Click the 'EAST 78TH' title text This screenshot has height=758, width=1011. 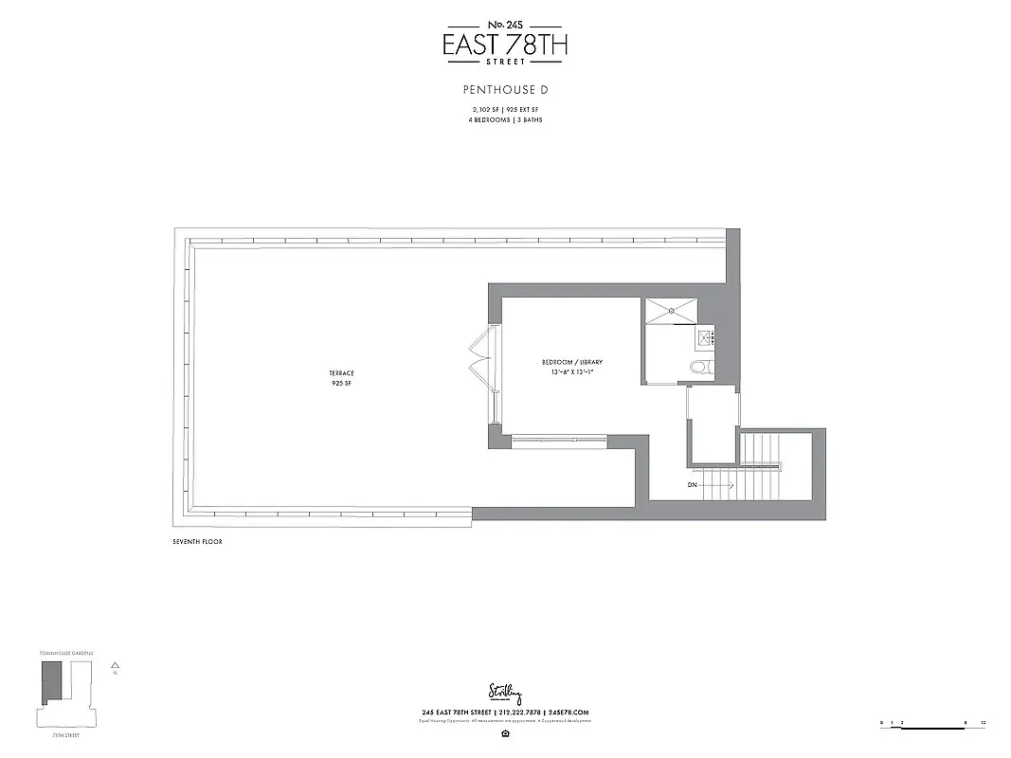click(505, 44)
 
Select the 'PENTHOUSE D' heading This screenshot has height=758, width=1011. click(505, 91)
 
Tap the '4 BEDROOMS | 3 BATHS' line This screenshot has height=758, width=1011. click(505, 120)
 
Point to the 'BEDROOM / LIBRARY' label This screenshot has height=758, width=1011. click(571, 363)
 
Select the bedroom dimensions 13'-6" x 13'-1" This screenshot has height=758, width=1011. click(571, 372)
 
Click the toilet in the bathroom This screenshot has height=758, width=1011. click(700, 368)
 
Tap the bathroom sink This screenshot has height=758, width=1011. click(705, 337)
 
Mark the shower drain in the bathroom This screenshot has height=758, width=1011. click(674, 309)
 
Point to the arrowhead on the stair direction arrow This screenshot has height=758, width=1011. click(731, 486)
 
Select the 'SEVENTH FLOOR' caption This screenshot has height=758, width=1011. click(197, 542)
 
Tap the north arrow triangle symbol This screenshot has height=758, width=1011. click(115, 665)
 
